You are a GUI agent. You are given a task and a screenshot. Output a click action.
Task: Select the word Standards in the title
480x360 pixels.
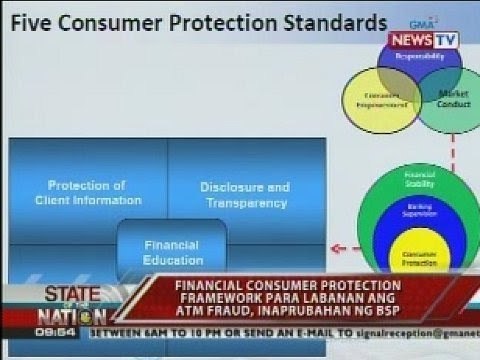coord(331,22)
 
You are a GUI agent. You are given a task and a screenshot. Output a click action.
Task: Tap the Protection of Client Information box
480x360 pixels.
coord(88,192)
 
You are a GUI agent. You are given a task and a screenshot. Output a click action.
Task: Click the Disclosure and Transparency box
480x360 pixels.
coord(245,194)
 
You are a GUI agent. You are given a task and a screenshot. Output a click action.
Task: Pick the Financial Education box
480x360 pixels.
coord(172,251)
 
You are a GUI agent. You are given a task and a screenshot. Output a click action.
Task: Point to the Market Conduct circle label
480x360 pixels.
coord(453,99)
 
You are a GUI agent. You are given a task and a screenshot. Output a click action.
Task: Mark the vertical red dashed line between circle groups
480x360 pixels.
coord(452,150)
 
